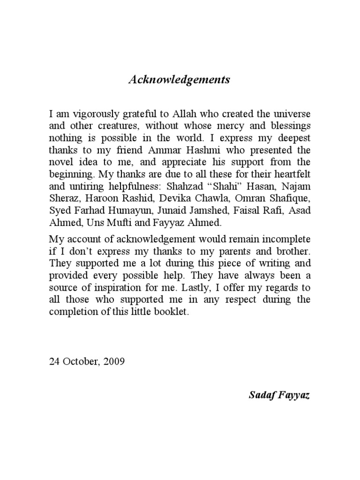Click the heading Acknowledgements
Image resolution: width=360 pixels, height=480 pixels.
(180, 80)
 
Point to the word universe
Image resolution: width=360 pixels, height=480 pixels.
(292, 114)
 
